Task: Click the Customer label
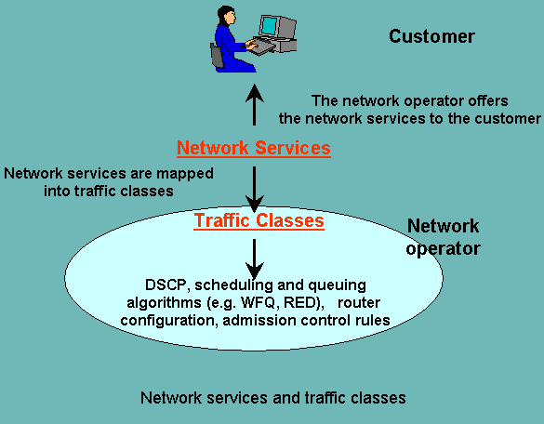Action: coord(431,36)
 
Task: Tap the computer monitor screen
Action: coord(269,25)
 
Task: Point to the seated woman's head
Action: coord(226,15)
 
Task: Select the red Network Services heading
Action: coord(254,148)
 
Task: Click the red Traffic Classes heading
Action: coord(259,221)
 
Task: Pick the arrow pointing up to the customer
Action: coord(254,105)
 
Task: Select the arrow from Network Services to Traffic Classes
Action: coord(254,189)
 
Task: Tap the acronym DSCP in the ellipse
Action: coord(166,285)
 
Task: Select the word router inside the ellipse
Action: coord(359,303)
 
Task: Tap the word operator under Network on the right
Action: coord(443,249)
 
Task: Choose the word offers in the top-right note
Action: coord(488,101)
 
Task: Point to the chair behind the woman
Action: coord(218,56)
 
